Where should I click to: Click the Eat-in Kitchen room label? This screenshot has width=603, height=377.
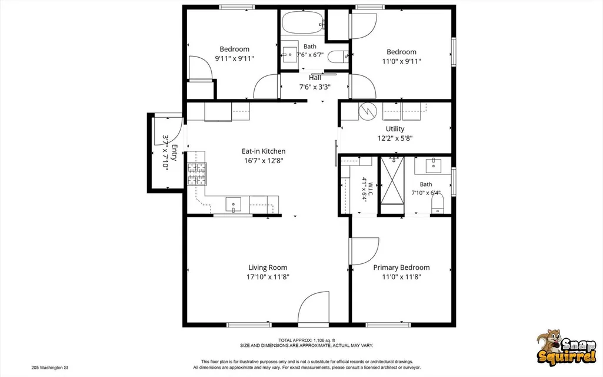[264, 151]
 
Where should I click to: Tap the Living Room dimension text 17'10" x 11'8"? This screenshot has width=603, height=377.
[268, 277]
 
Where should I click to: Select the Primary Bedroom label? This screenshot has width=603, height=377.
[401, 267]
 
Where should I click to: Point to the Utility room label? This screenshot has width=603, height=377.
[395, 129]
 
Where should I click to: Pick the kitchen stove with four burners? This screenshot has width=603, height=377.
[196, 174]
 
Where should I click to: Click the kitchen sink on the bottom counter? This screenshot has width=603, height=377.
[233, 204]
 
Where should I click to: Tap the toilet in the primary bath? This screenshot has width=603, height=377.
[437, 203]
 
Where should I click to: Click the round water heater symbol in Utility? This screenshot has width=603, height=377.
[368, 111]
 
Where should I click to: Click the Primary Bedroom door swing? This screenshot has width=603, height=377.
[365, 252]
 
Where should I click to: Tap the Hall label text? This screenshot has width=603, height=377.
[315, 78]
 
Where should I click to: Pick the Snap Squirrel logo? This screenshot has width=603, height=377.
[566, 346]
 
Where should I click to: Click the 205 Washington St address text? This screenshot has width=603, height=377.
[49, 368]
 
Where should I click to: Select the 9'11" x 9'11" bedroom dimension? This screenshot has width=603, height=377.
[235, 58]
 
